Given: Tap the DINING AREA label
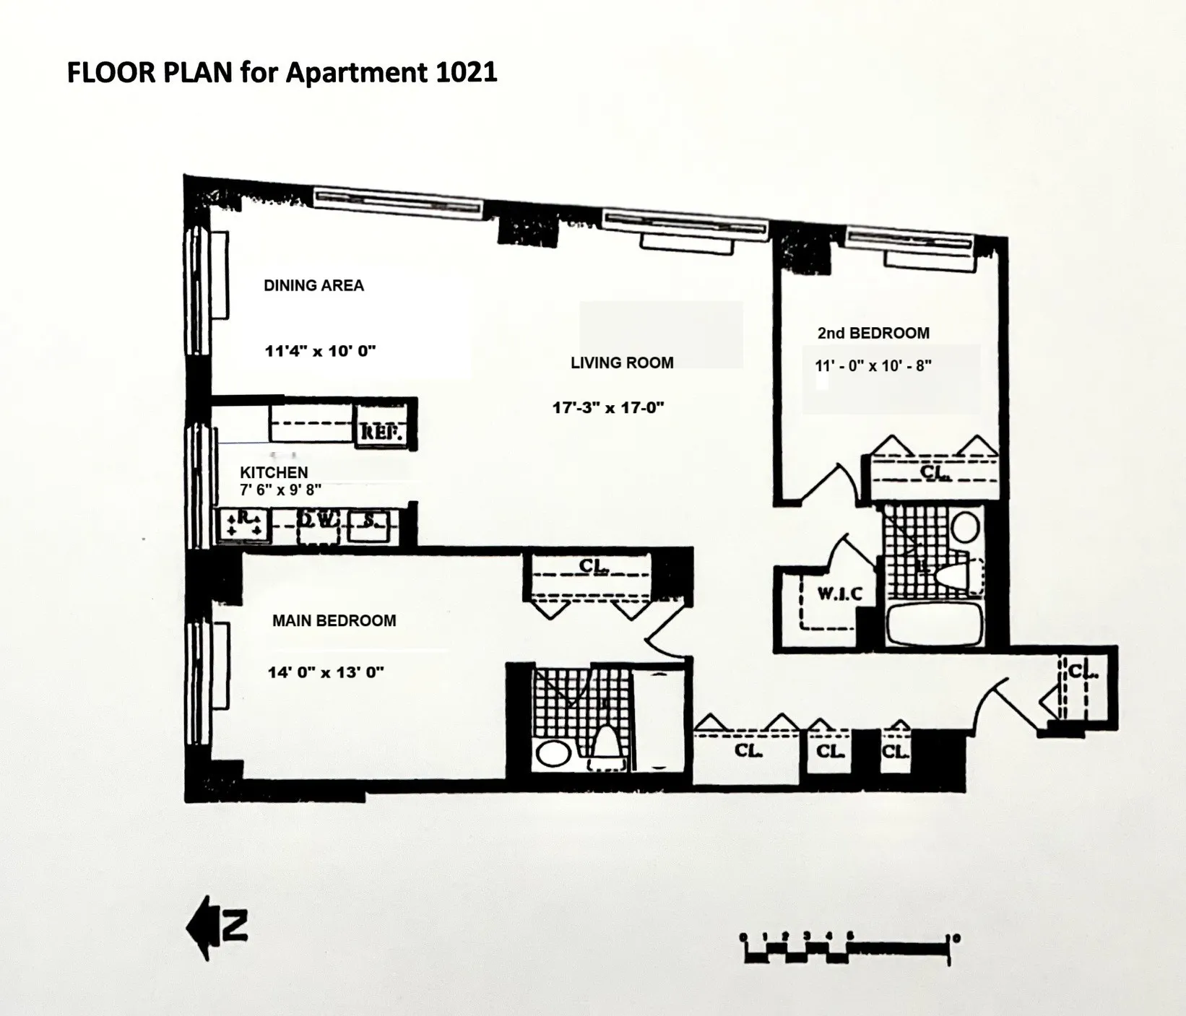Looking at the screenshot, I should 313,285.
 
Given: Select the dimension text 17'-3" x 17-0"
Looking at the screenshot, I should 608,407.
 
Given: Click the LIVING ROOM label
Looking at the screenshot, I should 622,362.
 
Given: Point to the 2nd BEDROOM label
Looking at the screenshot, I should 873,333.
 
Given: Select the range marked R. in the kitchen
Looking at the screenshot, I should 244,524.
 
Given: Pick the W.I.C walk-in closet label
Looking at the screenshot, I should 839,594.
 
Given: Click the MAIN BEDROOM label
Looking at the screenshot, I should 334,620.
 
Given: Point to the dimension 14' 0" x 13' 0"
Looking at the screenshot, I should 326,672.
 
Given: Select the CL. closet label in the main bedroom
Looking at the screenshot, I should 594,567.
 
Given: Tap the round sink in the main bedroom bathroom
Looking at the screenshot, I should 553,754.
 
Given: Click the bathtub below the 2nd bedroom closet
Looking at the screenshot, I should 934,624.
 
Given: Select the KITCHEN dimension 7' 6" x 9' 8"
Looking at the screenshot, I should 280,490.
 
